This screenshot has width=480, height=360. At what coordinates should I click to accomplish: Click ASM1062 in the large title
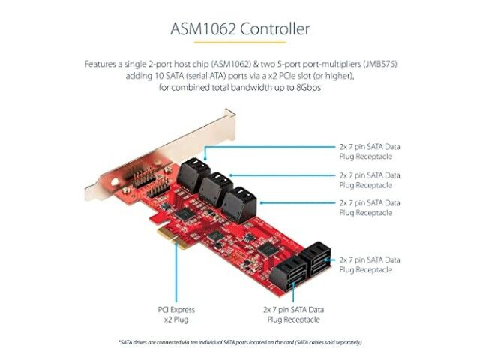point(203,29)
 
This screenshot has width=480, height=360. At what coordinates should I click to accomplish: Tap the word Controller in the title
point(274,29)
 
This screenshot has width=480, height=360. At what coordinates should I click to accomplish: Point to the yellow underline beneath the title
point(240,42)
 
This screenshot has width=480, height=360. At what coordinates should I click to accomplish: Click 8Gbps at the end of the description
point(308,88)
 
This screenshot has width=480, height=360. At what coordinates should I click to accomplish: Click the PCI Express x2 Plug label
point(176,314)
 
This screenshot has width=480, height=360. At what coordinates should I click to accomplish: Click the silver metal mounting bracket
point(159,156)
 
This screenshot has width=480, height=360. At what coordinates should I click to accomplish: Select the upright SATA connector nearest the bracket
point(193,175)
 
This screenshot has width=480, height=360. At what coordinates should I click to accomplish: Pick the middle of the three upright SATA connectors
point(216,190)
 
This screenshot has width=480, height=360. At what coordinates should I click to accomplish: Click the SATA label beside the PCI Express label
point(293,314)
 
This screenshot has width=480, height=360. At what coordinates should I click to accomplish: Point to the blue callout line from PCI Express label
point(176,271)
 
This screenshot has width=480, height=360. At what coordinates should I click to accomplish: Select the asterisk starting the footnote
point(120,340)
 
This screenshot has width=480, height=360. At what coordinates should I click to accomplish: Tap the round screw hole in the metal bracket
point(115,183)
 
